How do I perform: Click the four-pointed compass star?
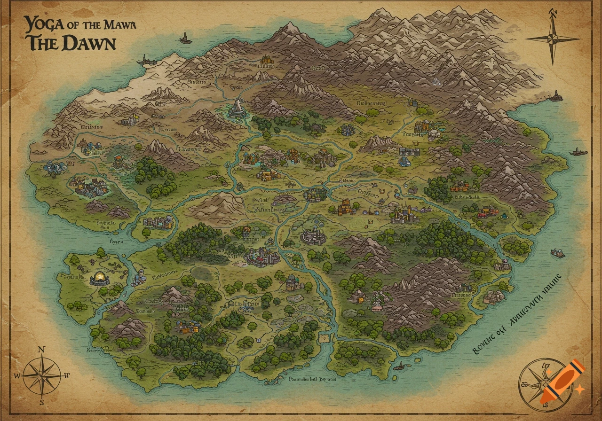(553, 39)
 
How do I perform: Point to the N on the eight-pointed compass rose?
(41, 350)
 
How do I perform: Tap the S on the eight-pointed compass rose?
(41, 402)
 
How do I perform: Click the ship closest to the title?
(185, 39)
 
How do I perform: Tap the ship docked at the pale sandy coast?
(147, 60)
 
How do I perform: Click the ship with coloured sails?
(558, 253)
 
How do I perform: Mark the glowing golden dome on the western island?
(100, 278)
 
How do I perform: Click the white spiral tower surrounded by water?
(237, 109)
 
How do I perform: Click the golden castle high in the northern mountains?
(266, 60)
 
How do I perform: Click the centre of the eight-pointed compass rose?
(41, 375)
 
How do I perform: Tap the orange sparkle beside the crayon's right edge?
(579, 389)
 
